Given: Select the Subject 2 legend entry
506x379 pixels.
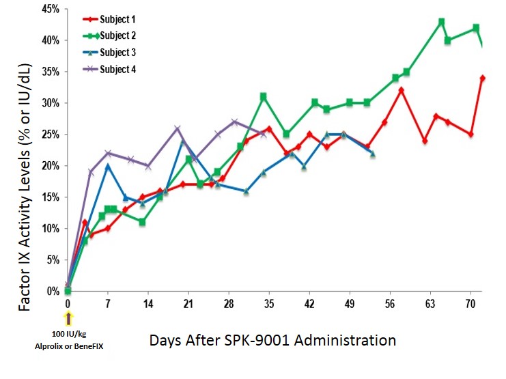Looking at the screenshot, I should click(117, 36).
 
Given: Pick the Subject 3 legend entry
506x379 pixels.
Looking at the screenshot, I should click(117, 52).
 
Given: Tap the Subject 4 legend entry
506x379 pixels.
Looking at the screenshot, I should click(117, 69).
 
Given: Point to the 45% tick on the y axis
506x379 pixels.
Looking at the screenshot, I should click(50, 10).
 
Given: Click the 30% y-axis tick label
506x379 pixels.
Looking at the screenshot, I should click(50, 103).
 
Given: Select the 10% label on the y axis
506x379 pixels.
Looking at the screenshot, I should click(50, 228).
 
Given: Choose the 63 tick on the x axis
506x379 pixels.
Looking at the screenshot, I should click(430, 303).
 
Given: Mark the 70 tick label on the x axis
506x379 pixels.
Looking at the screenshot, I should click(470, 303).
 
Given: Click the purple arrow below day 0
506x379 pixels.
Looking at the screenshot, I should click(68, 318).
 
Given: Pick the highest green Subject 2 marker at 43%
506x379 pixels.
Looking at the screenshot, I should click(441, 22).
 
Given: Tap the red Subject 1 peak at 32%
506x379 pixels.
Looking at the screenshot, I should click(402, 90).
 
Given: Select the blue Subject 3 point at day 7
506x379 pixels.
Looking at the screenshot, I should click(108, 166).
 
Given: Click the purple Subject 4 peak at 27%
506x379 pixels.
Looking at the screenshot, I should click(234, 122).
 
